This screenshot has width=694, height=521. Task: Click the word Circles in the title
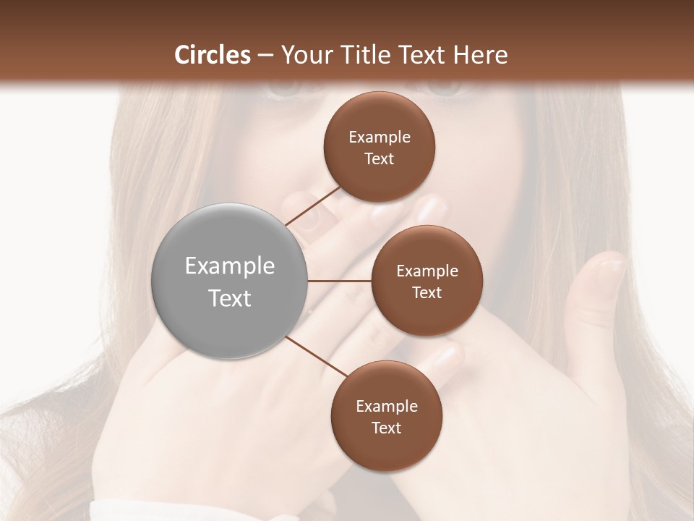[x=213, y=55]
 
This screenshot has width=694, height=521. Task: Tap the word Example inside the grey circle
[x=230, y=266]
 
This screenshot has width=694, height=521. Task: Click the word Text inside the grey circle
[x=230, y=298]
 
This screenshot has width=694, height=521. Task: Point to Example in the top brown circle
[x=379, y=137]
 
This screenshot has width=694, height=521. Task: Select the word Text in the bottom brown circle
[x=386, y=428]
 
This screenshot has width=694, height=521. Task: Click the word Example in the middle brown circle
[x=427, y=271]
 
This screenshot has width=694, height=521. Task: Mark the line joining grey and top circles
[x=313, y=206]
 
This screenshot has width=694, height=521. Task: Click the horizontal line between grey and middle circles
[x=340, y=280]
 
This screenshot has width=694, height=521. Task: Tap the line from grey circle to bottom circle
[x=317, y=357]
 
